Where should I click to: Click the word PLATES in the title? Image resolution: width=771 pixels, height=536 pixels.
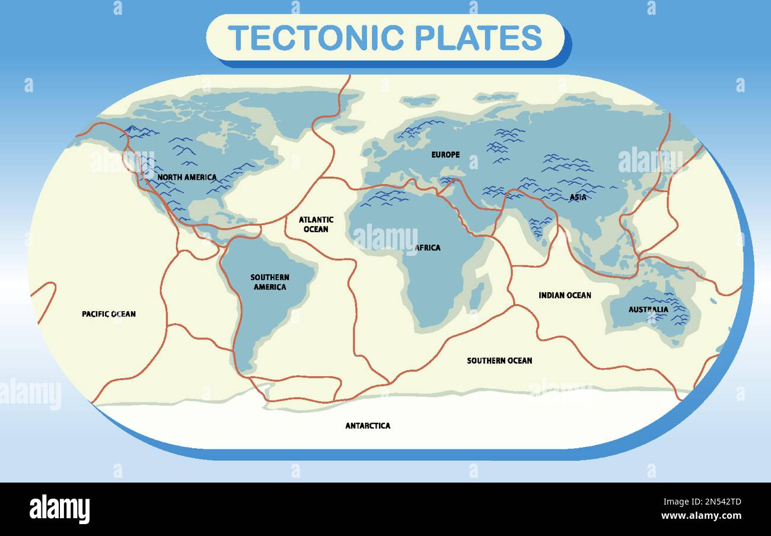(478, 37)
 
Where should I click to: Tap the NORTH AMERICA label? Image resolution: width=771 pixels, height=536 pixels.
(187, 177)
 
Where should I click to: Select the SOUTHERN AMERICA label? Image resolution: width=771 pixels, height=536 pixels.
(269, 282)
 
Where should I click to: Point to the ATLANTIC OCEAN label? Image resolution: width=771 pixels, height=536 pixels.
(316, 224)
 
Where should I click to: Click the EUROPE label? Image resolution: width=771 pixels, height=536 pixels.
(445, 155)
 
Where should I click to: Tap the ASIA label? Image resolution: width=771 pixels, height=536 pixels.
(578, 198)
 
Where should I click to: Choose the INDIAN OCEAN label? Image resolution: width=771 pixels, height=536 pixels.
(565, 295)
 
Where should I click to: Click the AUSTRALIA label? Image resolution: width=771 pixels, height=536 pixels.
(648, 309)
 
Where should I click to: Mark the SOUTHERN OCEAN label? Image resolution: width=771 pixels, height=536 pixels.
(499, 360)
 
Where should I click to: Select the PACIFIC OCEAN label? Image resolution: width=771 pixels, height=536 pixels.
(109, 313)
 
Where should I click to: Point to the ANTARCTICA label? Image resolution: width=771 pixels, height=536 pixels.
(368, 426)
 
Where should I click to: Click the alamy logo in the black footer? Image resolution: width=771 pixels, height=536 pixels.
(59, 509)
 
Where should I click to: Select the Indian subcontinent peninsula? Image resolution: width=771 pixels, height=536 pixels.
(539, 223)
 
